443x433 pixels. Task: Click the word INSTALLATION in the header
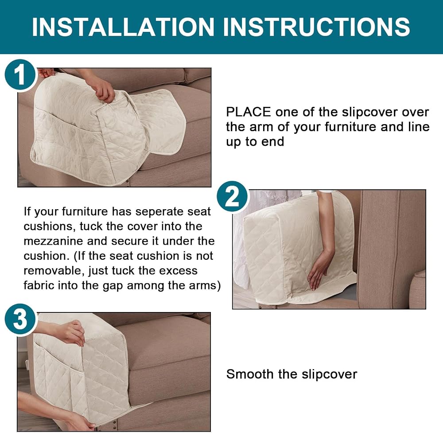123,27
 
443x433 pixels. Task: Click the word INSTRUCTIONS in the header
316,27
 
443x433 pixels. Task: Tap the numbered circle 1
20,75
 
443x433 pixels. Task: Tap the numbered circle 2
233,197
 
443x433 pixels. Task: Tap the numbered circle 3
20,320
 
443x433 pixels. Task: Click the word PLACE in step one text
249,112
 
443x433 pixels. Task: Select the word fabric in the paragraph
39,285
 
